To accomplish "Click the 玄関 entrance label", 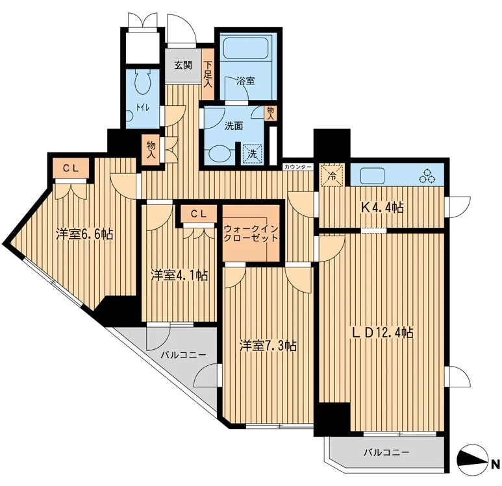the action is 183,66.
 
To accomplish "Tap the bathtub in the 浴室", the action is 245,49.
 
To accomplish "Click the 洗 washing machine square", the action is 252,154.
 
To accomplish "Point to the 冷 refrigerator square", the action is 333,175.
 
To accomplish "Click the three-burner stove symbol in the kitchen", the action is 428,176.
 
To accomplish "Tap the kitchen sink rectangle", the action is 372,176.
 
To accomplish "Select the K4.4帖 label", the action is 383,208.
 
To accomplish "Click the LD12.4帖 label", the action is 383,333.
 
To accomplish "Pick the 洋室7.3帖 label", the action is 268,346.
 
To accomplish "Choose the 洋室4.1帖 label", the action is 179,275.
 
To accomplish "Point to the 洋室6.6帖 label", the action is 84,234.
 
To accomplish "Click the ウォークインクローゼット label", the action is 251,234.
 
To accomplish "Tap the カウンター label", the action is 297,167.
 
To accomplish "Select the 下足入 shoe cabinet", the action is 208,74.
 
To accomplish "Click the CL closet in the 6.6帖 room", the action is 71,168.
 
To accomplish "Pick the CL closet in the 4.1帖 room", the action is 199,214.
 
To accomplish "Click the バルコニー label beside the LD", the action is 386,452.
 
